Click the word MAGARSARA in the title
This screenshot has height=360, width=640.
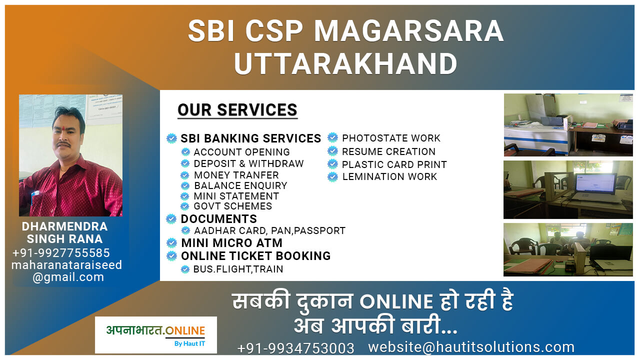tap(408, 31)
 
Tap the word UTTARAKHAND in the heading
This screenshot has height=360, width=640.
tap(345, 63)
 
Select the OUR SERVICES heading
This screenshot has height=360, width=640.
tap(237, 110)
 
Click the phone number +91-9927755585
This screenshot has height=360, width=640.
tap(61, 253)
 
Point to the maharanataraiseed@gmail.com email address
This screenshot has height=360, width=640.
tap(67, 271)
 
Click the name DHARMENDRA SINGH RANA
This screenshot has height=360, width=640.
tap(64, 232)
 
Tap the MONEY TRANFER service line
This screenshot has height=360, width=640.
tap(236, 175)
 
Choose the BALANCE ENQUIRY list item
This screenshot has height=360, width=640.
tap(240, 185)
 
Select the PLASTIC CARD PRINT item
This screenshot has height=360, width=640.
tap(394, 164)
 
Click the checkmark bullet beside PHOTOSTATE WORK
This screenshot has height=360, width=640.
tap(332, 137)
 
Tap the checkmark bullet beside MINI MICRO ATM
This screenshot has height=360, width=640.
tap(171, 243)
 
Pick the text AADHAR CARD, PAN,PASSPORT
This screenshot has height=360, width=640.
tap(269, 230)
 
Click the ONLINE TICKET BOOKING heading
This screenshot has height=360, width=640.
tap(255, 256)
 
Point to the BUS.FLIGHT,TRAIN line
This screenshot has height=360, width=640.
tap(238, 269)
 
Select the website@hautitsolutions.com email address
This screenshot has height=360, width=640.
tap(471, 347)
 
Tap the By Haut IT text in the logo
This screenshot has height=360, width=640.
tap(189, 343)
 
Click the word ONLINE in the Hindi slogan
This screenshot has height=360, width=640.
tap(396, 301)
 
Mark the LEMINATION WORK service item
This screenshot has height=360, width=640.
tap(389, 177)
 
